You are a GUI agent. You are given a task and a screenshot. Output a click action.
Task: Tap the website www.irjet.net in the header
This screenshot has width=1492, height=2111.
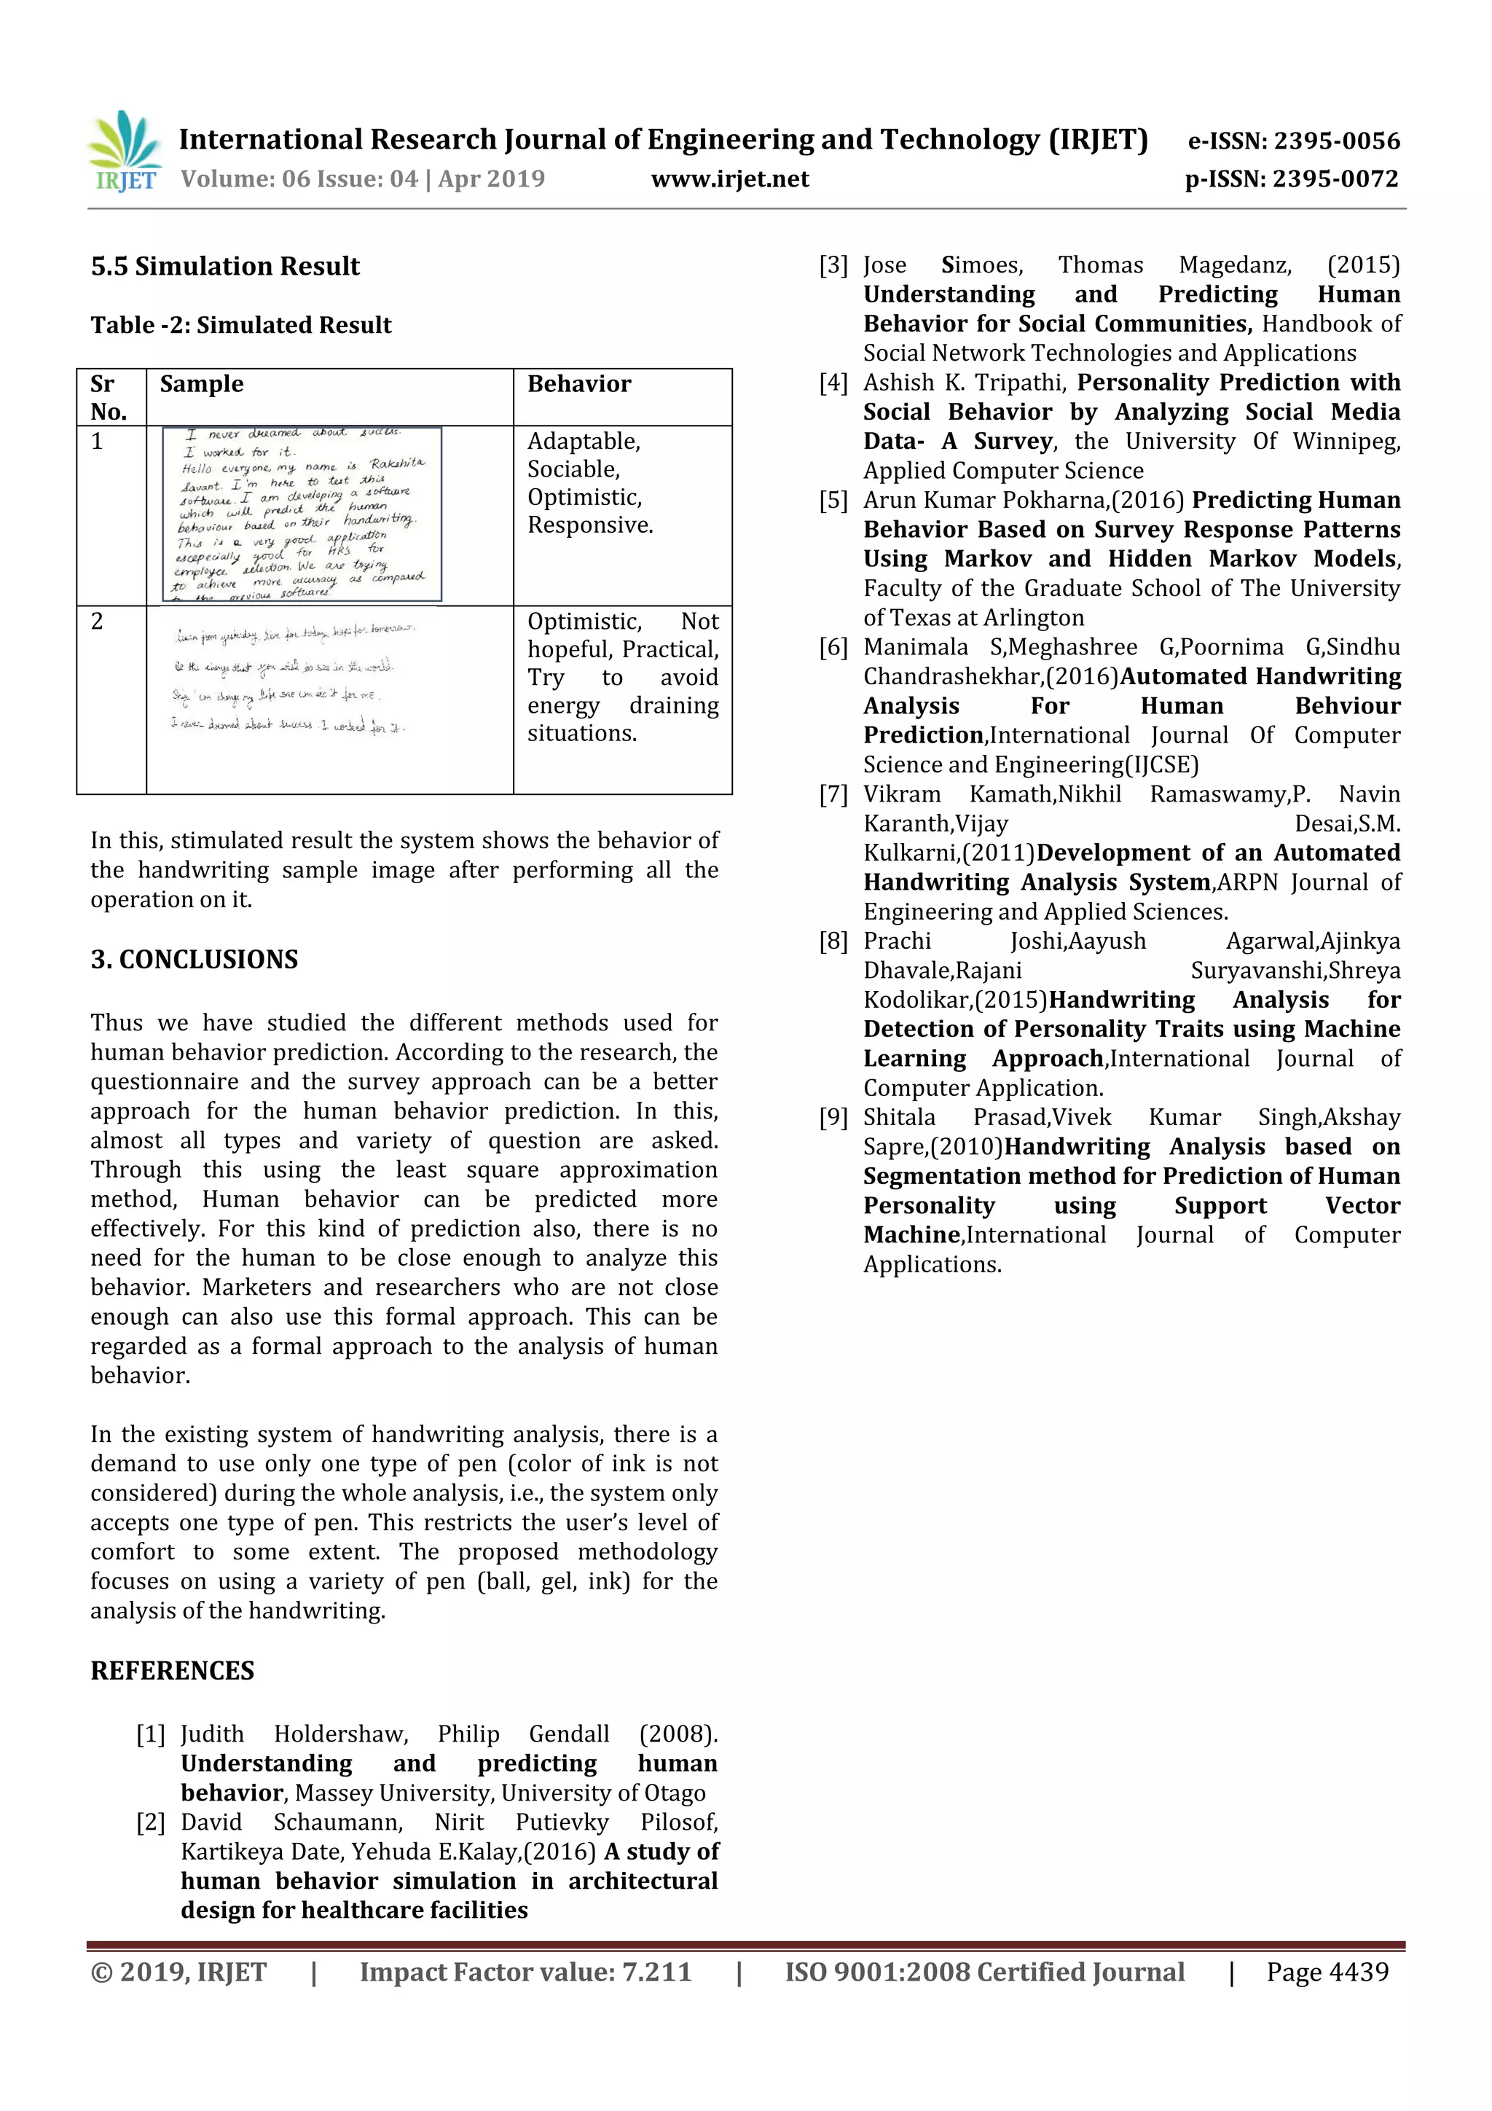tap(730, 179)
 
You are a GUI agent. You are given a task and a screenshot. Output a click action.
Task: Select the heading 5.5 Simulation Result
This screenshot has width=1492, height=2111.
tap(225, 267)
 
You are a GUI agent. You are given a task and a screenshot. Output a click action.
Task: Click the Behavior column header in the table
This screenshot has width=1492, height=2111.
tap(579, 384)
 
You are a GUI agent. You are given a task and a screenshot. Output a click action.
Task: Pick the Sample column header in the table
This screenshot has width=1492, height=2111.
tap(201, 384)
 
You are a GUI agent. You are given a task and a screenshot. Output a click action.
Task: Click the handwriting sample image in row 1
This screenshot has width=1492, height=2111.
tap(302, 514)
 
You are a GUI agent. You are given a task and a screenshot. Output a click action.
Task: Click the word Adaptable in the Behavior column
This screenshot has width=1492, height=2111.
tap(583, 442)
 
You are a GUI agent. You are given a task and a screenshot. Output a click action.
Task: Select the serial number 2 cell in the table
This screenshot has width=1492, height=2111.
tap(98, 622)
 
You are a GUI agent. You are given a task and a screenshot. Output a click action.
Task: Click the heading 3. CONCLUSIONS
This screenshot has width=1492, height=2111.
tap(194, 959)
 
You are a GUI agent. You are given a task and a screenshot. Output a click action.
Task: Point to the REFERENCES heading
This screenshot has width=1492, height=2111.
tap(172, 1671)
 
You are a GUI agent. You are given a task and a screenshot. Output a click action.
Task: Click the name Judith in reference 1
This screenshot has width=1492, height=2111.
tap(212, 1734)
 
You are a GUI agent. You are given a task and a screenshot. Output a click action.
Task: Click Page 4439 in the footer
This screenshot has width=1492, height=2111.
tap(1327, 1971)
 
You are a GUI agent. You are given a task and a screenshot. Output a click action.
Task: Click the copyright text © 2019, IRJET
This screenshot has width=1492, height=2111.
tap(179, 1971)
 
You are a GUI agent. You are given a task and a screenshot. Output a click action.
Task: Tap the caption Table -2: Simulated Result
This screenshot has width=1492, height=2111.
tap(241, 326)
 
